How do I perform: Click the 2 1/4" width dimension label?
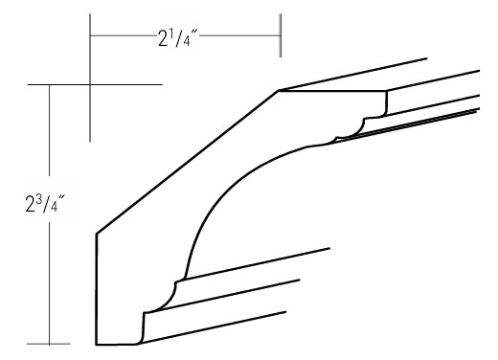(178, 38)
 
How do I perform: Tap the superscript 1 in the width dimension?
(171, 34)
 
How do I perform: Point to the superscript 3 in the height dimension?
(39, 198)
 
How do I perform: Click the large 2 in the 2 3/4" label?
(30, 204)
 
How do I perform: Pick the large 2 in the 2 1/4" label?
(163, 39)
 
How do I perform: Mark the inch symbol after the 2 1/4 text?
(194, 33)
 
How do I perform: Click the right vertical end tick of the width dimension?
(281, 35)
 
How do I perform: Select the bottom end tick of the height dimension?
(49, 344)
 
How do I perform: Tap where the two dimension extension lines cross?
(90, 84)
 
